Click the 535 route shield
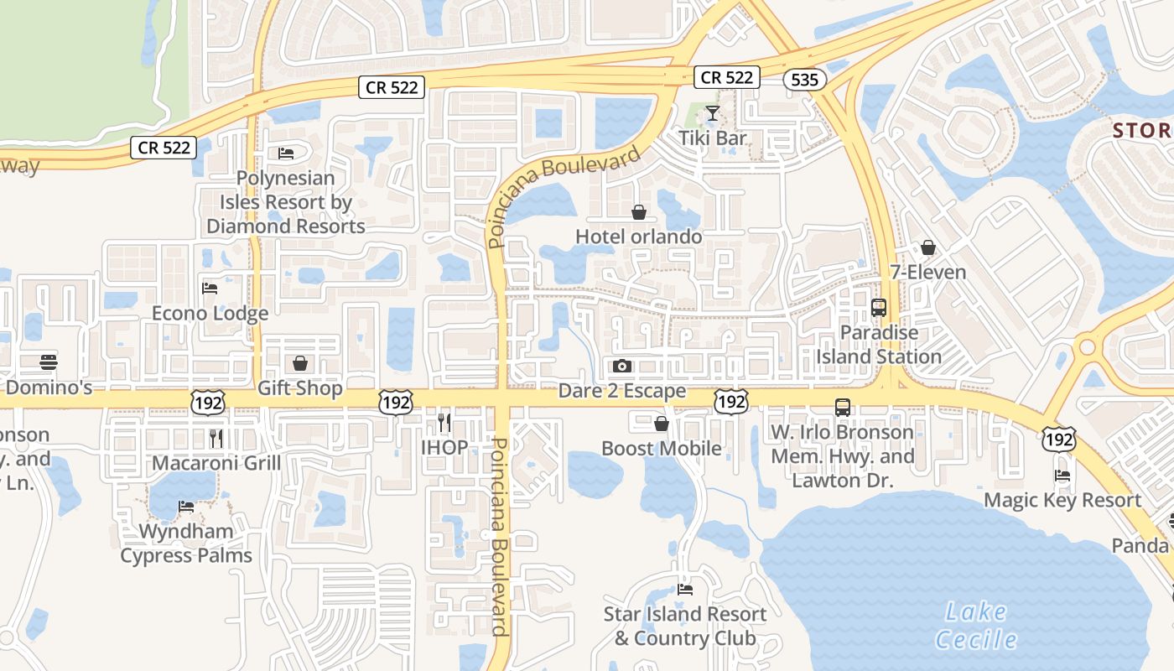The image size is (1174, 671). (x=805, y=79)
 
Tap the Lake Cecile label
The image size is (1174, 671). (x=976, y=626)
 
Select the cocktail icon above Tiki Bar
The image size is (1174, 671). (x=713, y=112)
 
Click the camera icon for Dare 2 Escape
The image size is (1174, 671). (x=621, y=366)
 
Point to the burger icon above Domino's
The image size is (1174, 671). (x=49, y=362)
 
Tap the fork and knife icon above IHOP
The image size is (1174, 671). (x=444, y=422)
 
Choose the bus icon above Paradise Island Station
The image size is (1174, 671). (x=879, y=307)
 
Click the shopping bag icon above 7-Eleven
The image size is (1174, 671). (x=927, y=247)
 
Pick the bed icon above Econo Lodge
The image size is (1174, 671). (x=210, y=289)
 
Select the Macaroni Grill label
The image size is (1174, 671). (x=216, y=463)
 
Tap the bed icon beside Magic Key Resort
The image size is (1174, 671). (x=1062, y=476)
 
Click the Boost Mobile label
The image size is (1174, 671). (x=661, y=448)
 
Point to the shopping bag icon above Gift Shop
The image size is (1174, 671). (x=299, y=363)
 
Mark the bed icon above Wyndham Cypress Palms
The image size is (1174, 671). (x=185, y=507)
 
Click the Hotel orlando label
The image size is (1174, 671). (x=638, y=237)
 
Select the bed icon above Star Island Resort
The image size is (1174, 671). (x=685, y=589)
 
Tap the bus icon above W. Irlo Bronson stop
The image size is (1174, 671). (x=842, y=408)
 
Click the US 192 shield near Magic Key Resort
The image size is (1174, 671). (x=1060, y=438)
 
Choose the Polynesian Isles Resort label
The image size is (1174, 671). (x=285, y=202)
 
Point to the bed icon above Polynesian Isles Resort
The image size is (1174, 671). (x=285, y=153)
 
